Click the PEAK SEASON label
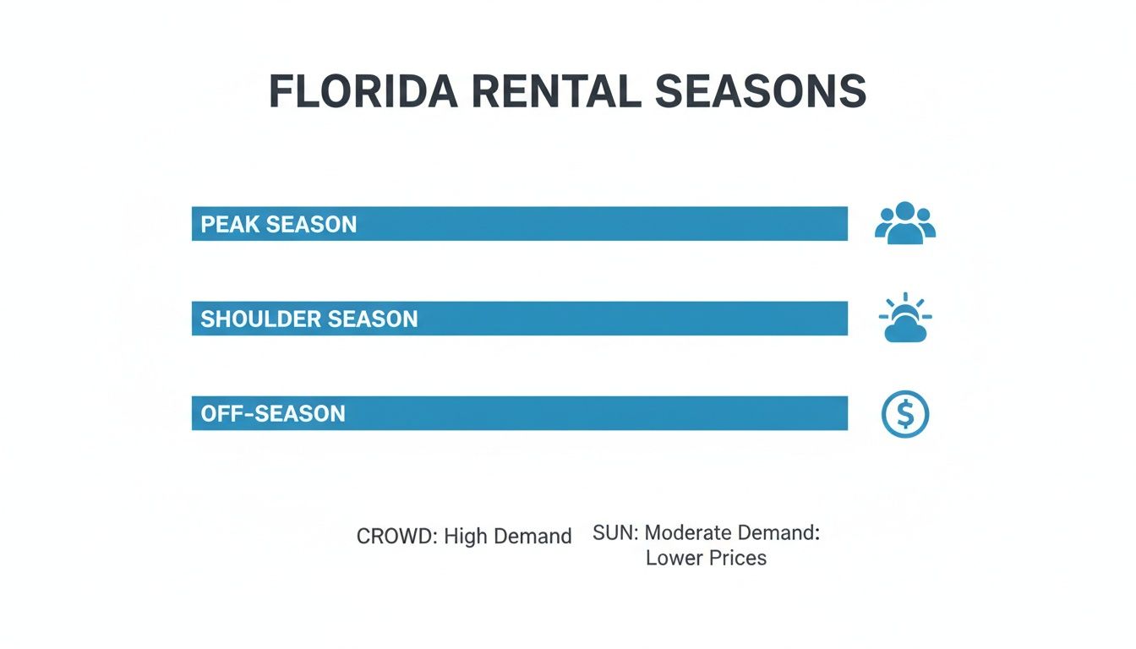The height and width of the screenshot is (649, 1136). (278, 225)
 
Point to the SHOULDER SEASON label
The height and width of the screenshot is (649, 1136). (309, 319)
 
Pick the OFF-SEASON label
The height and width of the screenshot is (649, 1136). (272, 414)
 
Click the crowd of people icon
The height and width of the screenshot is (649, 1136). (904, 224)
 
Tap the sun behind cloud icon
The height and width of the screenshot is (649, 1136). (904, 319)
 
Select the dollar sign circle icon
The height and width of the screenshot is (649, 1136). (904, 414)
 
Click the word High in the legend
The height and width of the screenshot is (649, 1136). (465, 537)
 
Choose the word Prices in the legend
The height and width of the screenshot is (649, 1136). (738, 559)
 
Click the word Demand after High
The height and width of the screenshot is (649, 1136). (532, 537)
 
